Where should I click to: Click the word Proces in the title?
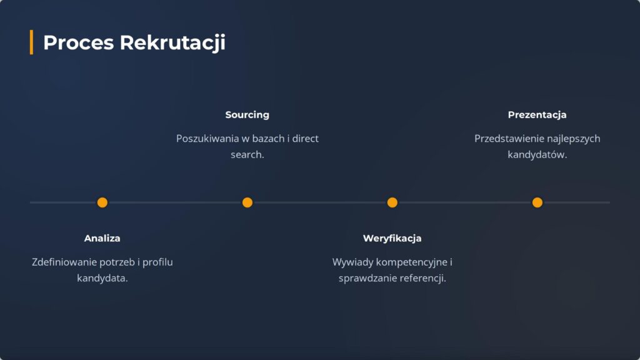tap(78, 42)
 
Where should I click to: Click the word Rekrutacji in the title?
tap(172, 43)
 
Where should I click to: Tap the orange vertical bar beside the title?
tap(31, 42)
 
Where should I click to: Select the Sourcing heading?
tap(247, 115)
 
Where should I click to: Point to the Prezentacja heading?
tap(537, 115)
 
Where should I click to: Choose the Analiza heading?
tap(102, 238)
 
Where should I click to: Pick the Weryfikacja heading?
tap(392, 238)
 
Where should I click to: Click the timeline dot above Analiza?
tap(102, 202)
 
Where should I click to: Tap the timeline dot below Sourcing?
tap(247, 202)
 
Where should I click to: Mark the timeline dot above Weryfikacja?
tap(392, 202)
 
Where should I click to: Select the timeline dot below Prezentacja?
tap(537, 202)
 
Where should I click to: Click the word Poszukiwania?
tap(207, 139)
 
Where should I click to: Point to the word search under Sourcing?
tap(246, 155)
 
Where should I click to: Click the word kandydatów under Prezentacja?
tap(536, 155)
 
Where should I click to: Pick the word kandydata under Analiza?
tap(101, 278)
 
